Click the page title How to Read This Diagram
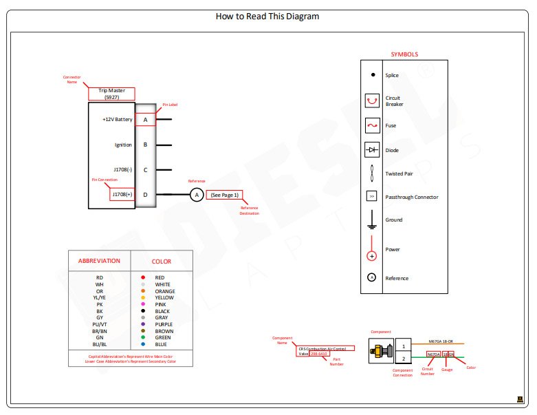point(267,16)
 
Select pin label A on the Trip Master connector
point(145,120)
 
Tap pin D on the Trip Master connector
point(145,195)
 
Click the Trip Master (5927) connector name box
point(112,94)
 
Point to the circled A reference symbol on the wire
point(196,195)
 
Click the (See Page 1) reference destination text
point(224,195)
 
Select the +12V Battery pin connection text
point(117,120)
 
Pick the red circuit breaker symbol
point(372,100)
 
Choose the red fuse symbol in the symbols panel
point(372,126)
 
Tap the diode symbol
point(372,149)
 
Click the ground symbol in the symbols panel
point(372,220)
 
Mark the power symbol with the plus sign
point(372,255)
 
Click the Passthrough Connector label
point(411,198)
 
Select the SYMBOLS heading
point(404,54)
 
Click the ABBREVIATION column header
point(100,262)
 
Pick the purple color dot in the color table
point(143,324)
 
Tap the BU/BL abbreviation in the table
point(100,344)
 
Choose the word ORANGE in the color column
point(165,291)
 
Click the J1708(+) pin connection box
point(122,195)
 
